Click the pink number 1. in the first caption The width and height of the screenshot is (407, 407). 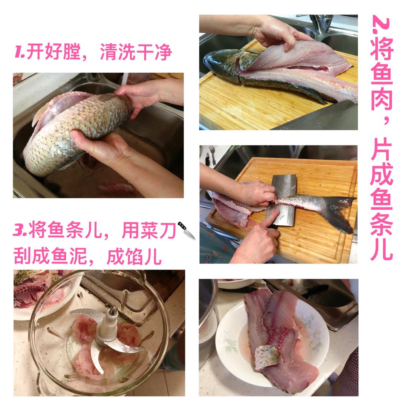20,51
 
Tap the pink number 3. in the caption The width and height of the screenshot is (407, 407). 20,230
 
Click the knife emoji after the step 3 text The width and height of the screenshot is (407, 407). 187,231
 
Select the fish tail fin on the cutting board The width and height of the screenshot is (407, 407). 339,213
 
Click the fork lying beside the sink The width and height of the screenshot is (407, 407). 213,155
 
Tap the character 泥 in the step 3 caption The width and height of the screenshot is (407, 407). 78,256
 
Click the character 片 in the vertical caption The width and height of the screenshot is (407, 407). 381,149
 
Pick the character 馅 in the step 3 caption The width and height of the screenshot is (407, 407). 134,256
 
